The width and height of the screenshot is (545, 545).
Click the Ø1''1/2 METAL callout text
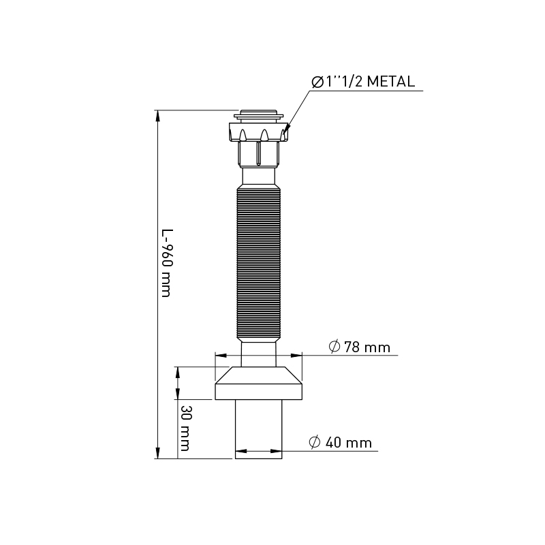tap(362, 82)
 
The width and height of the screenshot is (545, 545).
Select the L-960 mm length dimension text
tap(166, 262)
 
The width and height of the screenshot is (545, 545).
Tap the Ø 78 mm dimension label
tap(359, 347)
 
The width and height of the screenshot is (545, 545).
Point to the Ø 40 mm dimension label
tap(341, 443)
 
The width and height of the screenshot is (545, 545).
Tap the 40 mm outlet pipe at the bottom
tap(258, 429)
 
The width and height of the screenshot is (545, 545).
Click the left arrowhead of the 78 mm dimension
tap(219, 354)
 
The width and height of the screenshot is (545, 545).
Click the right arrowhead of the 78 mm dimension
tap(297, 354)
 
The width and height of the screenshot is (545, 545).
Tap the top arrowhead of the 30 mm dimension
tap(178, 371)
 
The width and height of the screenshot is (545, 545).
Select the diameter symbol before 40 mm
tap(315, 443)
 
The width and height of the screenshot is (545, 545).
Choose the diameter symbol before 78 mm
tap(334, 347)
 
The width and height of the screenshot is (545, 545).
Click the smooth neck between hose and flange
tap(259, 354)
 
